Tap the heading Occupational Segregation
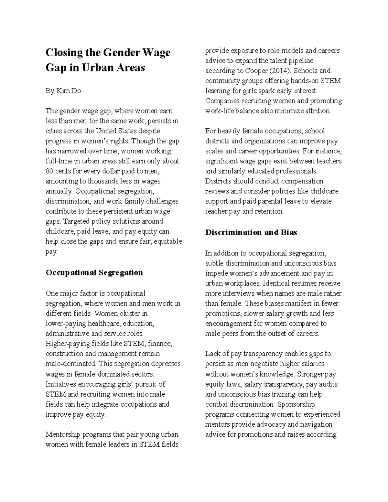point(94,272)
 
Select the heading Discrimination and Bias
point(251,232)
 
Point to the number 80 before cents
point(49,171)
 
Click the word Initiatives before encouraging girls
point(60,384)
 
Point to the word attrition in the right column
point(319,111)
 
